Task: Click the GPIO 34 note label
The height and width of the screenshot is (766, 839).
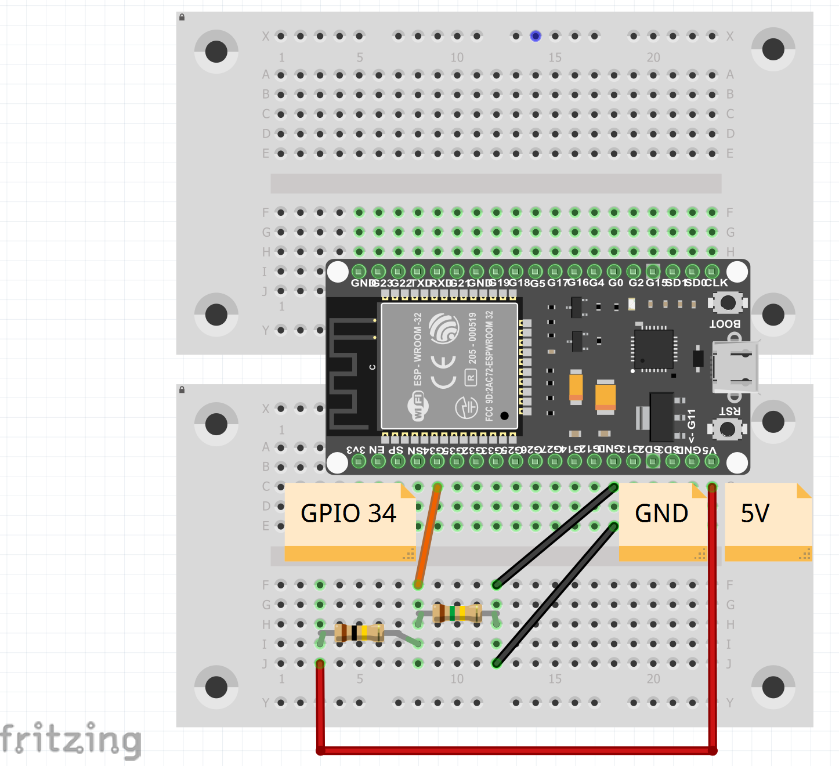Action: click(x=348, y=514)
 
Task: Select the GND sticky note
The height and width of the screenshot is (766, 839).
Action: click(x=661, y=514)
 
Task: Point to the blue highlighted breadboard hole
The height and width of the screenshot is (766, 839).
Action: click(x=536, y=36)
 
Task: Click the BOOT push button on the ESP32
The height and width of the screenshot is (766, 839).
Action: click(x=727, y=302)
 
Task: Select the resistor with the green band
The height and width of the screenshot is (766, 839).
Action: click(x=457, y=613)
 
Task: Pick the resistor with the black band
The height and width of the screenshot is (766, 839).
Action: click(x=359, y=633)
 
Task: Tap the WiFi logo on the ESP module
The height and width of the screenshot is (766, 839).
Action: click(x=418, y=405)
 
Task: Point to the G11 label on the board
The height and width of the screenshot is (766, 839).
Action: click(x=692, y=419)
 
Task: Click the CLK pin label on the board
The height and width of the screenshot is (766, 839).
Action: click(x=717, y=283)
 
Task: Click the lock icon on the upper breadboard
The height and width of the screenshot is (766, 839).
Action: click(x=182, y=17)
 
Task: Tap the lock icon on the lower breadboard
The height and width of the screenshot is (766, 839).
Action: click(x=182, y=389)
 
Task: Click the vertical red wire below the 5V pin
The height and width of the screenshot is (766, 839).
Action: click(x=712, y=615)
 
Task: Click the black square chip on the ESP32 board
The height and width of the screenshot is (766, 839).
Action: click(x=654, y=348)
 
